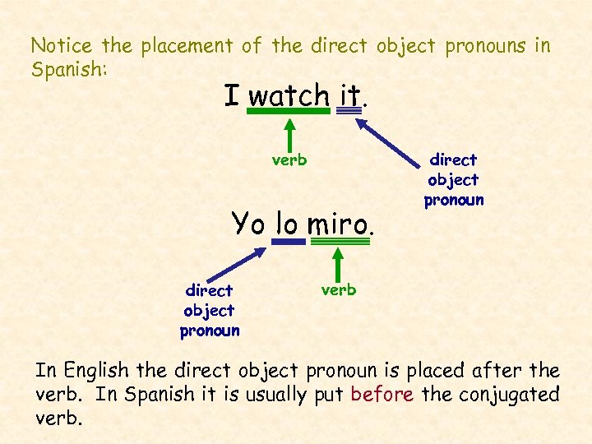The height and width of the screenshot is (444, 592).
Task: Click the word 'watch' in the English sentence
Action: [289, 95]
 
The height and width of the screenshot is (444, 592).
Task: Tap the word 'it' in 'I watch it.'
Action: [349, 95]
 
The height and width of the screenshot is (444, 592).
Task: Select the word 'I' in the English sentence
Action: [232, 95]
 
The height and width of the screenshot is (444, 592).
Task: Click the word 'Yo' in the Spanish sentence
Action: [249, 223]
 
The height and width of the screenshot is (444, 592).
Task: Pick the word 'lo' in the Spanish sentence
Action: [287, 223]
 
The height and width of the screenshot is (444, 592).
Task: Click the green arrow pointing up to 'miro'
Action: [338, 262]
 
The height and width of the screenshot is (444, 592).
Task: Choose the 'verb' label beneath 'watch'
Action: [289, 160]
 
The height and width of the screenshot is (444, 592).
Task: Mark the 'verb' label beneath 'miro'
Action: [338, 289]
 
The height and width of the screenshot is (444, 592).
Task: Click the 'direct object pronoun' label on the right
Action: [453, 179]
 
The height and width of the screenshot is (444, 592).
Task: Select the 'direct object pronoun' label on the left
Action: [210, 310]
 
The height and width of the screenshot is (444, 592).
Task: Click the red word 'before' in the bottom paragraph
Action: [382, 394]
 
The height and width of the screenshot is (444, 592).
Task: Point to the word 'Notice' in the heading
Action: [62, 45]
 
